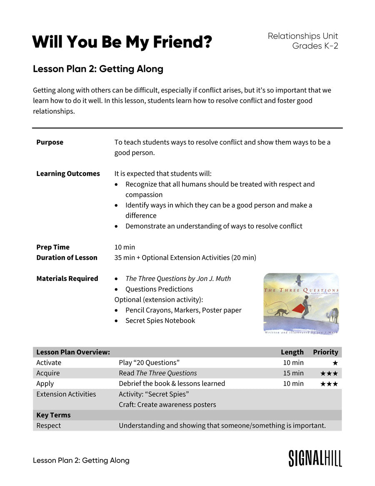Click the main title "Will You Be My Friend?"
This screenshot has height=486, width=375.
coord(122,42)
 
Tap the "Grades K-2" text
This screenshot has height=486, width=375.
coord(315,46)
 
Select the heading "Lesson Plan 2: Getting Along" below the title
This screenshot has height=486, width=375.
coord(98,69)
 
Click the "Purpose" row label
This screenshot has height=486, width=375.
coord(50,142)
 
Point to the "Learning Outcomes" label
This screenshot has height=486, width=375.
coord(68,173)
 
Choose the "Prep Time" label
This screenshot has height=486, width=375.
coord(53,247)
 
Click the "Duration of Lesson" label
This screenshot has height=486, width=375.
coord(67,258)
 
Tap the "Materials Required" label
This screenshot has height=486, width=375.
coord(67,278)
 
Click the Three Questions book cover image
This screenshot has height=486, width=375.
coord(301,303)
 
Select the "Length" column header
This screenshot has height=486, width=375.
coord(292,352)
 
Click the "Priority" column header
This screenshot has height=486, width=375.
coord(325,352)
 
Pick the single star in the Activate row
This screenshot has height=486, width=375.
coord(335,363)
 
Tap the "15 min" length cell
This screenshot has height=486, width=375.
coord(293,373)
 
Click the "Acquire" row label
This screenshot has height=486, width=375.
coord(48,373)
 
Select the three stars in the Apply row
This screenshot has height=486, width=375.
coord(329,384)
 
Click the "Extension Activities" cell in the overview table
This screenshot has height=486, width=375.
coord(66,394)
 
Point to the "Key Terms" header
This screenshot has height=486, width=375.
coord(53,415)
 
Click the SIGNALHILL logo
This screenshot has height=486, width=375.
coord(315,458)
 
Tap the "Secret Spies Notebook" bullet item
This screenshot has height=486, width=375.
coord(160,321)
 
